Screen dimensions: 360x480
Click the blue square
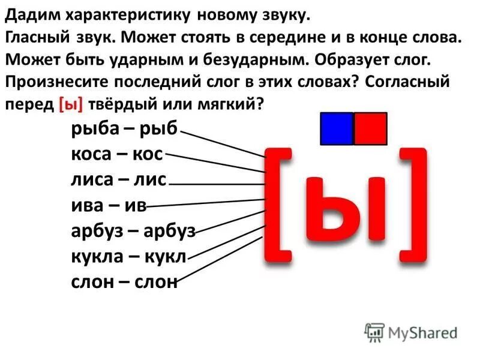pos(337,128)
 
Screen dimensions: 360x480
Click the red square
pos(370,128)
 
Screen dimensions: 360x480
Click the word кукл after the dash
pos(166,256)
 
